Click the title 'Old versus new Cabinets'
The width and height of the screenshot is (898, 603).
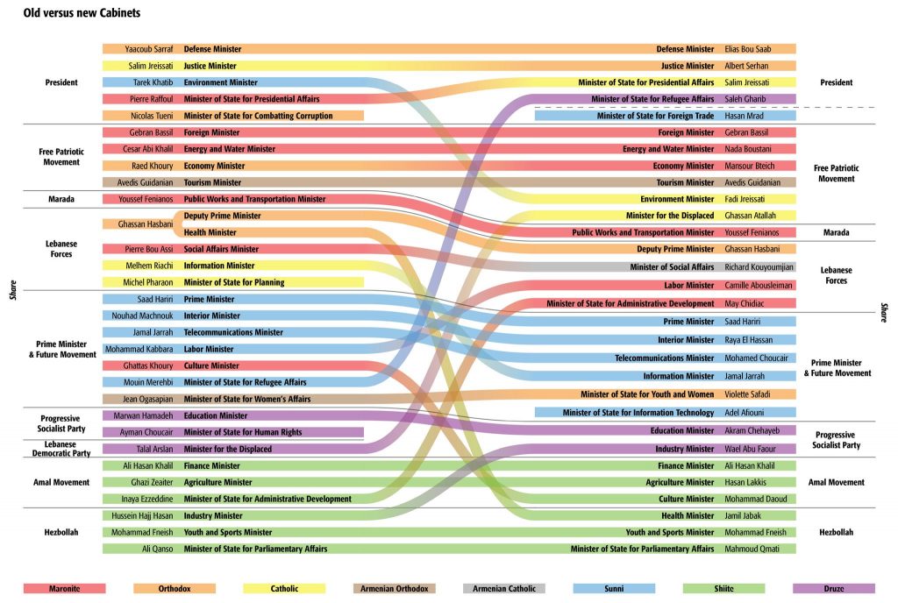click(x=82, y=14)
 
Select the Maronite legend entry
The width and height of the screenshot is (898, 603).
click(x=64, y=589)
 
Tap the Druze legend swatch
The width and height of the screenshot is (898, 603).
click(x=833, y=589)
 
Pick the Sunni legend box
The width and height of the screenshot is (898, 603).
click(x=614, y=589)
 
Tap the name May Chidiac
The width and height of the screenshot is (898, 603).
click(x=744, y=303)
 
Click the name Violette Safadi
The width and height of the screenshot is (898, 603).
click(x=748, y=394)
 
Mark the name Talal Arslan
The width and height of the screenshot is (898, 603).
click(x=151, y=449)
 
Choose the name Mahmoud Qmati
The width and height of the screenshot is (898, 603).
click(x=750, y=549)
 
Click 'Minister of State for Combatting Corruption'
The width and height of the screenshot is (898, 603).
click(x=258, y=116)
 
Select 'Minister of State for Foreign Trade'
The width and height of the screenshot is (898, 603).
click(x=655, y=116)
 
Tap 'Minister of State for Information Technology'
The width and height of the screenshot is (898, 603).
click(x=638, y=412)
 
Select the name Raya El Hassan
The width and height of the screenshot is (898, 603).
click(x=750, y=340)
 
